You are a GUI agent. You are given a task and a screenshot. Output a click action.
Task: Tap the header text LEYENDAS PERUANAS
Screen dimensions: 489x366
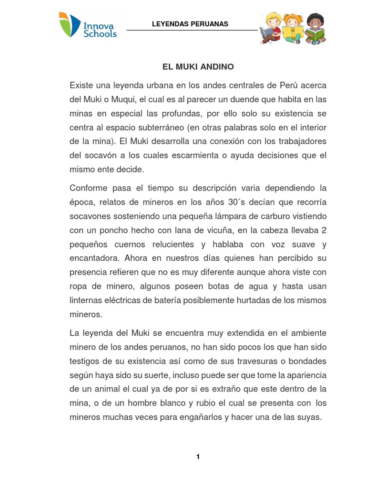point(190,24)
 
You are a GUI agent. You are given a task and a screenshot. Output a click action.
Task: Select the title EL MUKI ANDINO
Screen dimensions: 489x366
point(198,67)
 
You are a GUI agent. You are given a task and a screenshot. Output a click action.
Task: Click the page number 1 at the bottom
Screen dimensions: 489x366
point(198,457)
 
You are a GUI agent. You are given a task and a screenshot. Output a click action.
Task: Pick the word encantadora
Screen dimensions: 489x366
point(94,258)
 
